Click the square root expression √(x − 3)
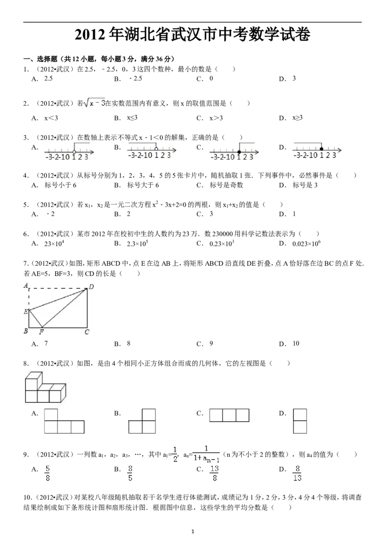pos(94,104)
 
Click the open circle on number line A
pos(74,152)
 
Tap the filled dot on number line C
pos(239,152)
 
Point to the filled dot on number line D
pos(321,149)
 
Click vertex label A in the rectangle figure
pos(26,285)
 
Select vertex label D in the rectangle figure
pos(91,287)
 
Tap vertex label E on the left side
pos(26,312)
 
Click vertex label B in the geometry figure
pos(26,331)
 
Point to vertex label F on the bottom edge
pos(41,332)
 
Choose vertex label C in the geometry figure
pos(87,332)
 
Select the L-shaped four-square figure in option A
pos(64,422)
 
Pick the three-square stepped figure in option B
pos(143,422)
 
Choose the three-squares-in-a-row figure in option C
pos(230,415)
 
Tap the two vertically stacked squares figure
pos(300,421)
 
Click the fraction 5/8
pos(48,473)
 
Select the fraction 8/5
pos(130,473)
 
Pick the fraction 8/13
pos(298,473)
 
